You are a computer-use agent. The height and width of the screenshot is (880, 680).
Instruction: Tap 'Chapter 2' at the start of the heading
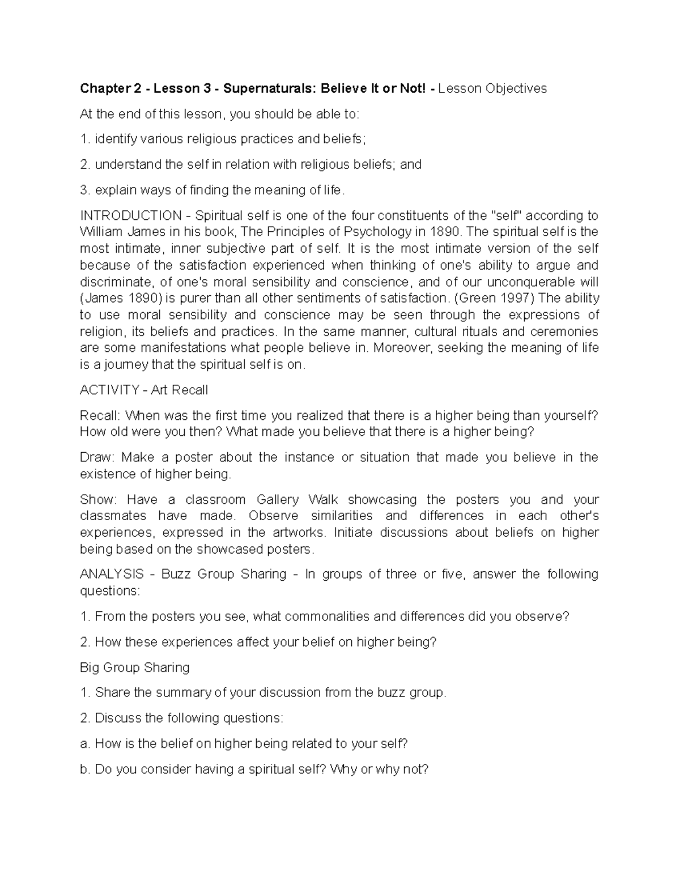coord(107,88)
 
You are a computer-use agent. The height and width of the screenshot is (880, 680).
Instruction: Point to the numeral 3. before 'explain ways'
coord(85,190)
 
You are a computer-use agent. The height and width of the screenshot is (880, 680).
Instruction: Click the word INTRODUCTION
coord(131,216)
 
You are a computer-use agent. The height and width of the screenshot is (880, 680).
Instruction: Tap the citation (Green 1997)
coord(490,299)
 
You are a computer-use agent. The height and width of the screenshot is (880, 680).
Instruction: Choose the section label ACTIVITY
coord(109,390)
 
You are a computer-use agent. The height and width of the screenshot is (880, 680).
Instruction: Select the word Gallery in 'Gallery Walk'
coord(277,500)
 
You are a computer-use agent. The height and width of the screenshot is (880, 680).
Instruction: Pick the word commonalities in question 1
coord(325,617)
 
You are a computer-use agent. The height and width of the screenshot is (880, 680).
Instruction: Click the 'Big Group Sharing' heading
coord(135,668)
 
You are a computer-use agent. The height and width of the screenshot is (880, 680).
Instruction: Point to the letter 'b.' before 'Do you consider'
coord(85,770)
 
